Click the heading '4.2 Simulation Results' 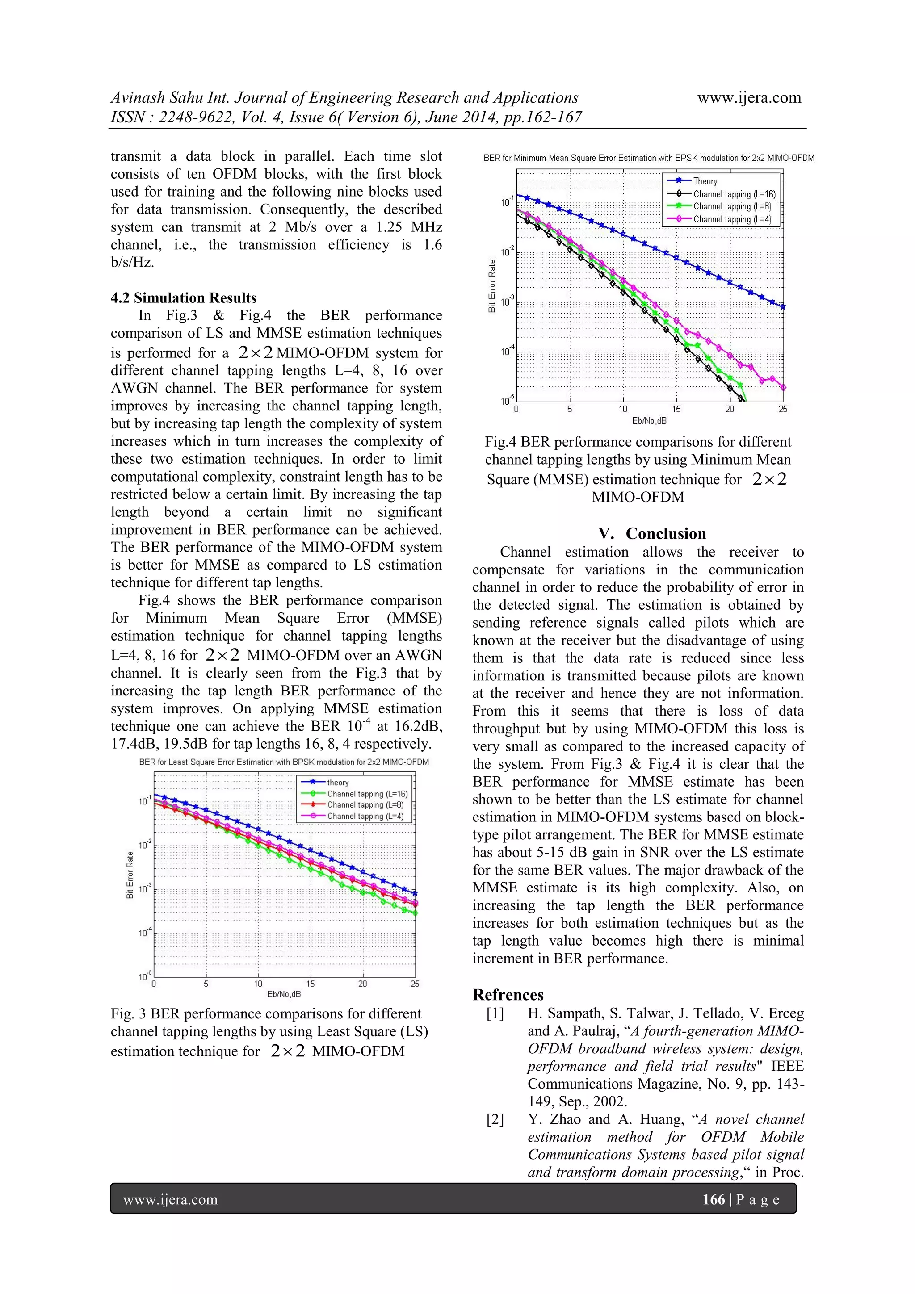point(183,297)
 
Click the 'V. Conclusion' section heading point(652,533)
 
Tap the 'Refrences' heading point(508,994)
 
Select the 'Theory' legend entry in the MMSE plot point(705,181)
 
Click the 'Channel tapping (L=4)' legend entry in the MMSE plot point(732,219)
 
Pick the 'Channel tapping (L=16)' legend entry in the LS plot point(367,794)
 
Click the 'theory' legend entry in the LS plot point(338,782)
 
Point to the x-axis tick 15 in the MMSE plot point(676,409)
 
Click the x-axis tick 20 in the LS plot point(362,984)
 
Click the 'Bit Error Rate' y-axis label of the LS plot point(130,875)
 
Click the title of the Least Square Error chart point(284,762)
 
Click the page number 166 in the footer point(713,1199)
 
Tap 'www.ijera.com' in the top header point(749,97)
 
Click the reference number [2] point(495,1119)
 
